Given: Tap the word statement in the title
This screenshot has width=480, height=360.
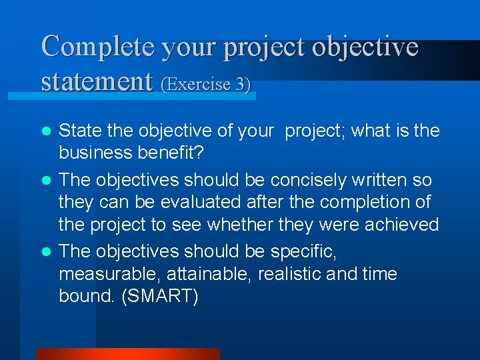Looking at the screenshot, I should pos(97,82).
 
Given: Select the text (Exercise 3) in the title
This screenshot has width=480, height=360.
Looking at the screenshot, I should pos(205,85).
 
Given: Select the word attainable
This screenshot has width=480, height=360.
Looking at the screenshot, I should pos(210,274).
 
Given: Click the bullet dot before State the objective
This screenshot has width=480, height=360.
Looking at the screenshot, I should pos(46,131).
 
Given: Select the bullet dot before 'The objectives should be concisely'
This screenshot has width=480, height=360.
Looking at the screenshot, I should pos(46,181).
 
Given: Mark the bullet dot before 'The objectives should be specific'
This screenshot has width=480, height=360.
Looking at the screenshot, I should pos(46,252).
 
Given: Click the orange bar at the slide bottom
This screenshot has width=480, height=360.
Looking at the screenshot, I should pos(127,353).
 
